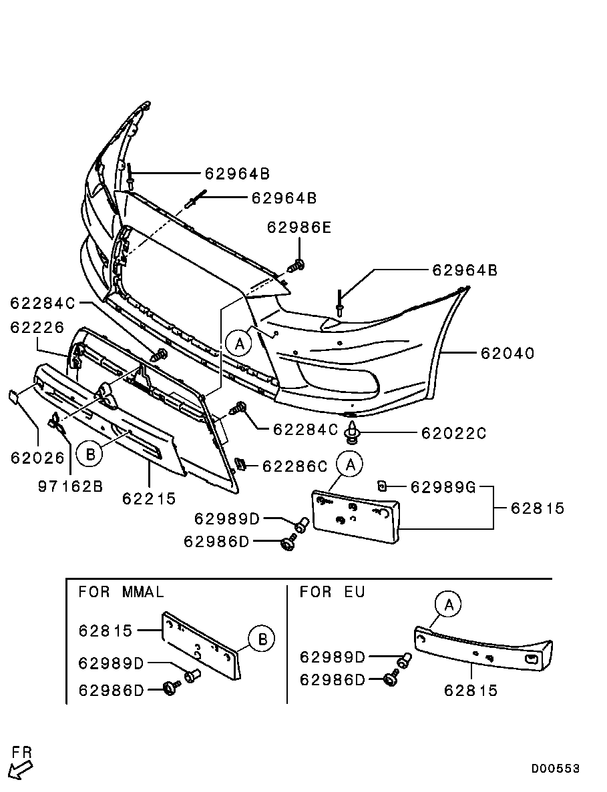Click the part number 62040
pos(508,353)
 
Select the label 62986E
pos(298,228)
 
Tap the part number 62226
pos(37,328)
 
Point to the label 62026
pos(37,458)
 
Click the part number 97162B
pos(70,486)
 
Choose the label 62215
pos(149,498)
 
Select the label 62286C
pos(294,466)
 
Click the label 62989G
pos(443,487)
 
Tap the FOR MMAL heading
pos(121,592)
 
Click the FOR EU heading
pos(333,592)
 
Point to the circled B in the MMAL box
pos(262,640)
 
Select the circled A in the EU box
pos(449,605)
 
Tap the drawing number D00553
pos(555,769)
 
